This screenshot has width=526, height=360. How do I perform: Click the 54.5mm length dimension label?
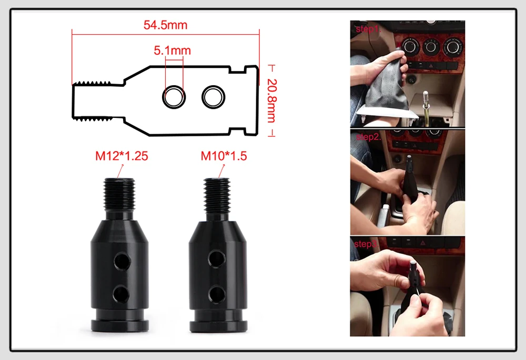click(165, 25)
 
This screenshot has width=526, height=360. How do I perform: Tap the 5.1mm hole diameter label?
click(172, 51)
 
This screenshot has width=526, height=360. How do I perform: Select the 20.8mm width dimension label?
click(271, 101)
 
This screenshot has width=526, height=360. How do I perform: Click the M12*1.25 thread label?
click(122, 156)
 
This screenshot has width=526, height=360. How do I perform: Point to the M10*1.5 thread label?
click(224, 156)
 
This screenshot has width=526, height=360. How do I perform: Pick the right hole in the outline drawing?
click(214, 97)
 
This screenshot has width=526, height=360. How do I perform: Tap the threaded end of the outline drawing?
click(92, 101)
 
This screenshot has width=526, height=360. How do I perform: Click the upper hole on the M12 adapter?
click(122, 262)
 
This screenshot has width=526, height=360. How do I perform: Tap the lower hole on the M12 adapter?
click(121, 294)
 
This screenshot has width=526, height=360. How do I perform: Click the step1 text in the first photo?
click(368, 29)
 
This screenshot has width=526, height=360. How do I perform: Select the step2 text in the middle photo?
click(368, 137)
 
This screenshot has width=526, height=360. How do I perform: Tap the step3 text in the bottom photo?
click(366, 244)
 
